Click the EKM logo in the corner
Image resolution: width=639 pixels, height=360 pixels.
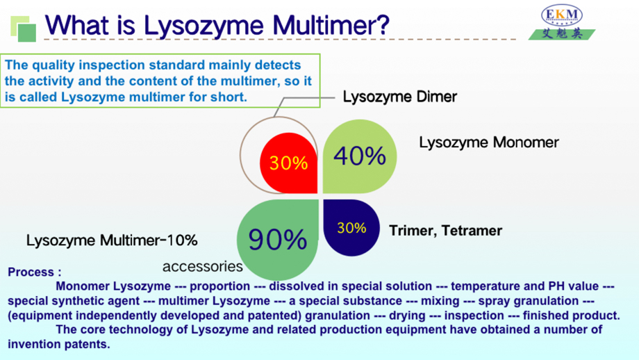(x=562, y=22)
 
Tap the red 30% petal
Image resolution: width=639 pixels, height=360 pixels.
(x=289, y=163)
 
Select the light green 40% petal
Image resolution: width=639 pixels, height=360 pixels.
(x=360, y=156)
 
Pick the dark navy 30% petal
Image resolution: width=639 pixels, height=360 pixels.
(x=351, y=227)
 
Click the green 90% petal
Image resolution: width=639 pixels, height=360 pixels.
(x=278, y=240)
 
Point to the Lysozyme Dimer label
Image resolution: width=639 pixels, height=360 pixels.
(x=400, y=97)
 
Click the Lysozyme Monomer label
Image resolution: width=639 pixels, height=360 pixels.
(x=489, y=142)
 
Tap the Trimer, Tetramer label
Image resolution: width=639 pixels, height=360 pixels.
(x=445, y=230)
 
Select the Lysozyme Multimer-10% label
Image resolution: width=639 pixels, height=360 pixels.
(x=112, y=240)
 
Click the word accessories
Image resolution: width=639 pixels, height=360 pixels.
(x=203, y=266)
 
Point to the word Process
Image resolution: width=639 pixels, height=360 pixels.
(x=31, y=272)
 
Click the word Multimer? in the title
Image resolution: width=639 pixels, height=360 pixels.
(x=331, y=25)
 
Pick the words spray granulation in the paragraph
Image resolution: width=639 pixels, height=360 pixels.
(x=529, y=301)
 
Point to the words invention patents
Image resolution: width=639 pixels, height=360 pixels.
(x=59, y=344)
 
